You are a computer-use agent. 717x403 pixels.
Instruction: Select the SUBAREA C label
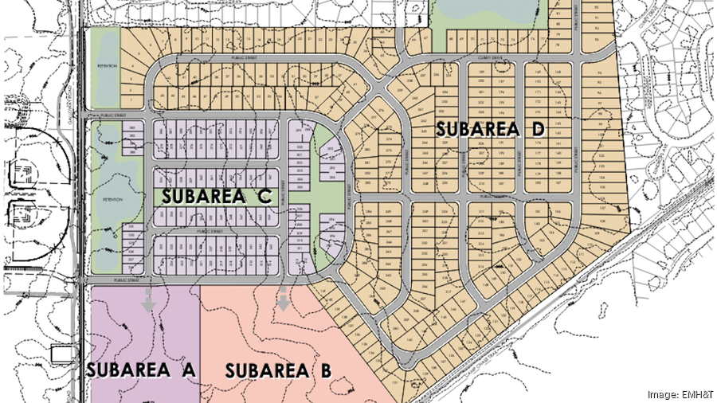pyautogui.click(x=218, y=196)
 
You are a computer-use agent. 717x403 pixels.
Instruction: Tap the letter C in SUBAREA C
pyautogui.click(x=266, y=196)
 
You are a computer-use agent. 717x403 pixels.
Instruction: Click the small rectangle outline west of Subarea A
pyautogui.click(x=61, y=355)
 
